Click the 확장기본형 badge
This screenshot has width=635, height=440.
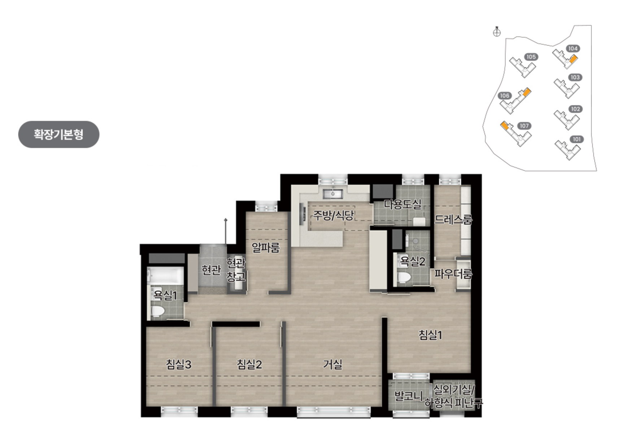coord(58,134)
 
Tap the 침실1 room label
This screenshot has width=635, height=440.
coord(430,335)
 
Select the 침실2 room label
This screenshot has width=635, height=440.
coord(249,365)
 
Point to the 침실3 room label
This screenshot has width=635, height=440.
coord(178,365)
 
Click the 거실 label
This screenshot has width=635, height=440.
coord(332,365)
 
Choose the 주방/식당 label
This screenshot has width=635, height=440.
coord(333,215)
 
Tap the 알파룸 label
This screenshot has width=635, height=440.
coord(266,248)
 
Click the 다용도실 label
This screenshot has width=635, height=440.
coord(403,204)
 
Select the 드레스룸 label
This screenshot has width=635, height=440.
coord(453,219)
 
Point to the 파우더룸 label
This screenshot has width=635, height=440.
coord(453,274)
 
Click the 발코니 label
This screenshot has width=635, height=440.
coord(408,396)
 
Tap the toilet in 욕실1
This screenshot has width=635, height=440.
coord(157,311)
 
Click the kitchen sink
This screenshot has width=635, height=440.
coord(333,194)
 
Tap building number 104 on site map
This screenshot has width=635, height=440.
coord(573,48)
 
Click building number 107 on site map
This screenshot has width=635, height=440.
coord(524,126)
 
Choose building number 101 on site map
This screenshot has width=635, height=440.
coord(577,139)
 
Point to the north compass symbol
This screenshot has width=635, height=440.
coord(497,32)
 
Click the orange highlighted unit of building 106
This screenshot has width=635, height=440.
coord(527,92)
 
